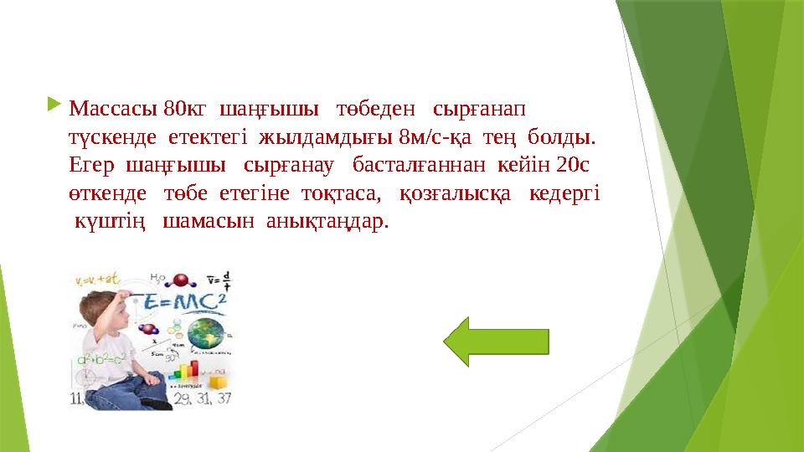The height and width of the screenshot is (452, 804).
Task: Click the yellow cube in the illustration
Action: (x=219, y=381)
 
